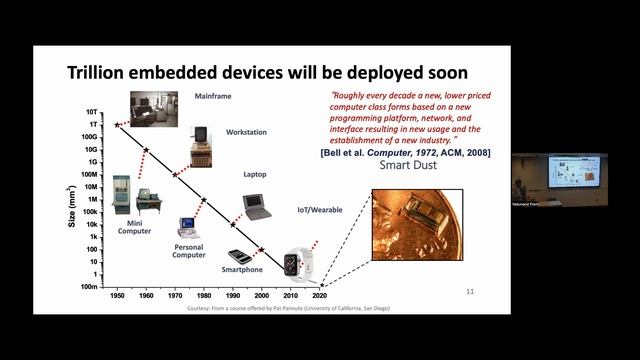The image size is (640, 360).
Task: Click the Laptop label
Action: (x=255, y=174)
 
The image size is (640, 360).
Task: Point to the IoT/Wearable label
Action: (x=317, y=209)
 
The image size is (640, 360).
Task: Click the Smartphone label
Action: (x=242, y=269)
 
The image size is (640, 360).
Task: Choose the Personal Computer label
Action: (x=189, y=250)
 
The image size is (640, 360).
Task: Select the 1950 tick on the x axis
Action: (x=117, y=297)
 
